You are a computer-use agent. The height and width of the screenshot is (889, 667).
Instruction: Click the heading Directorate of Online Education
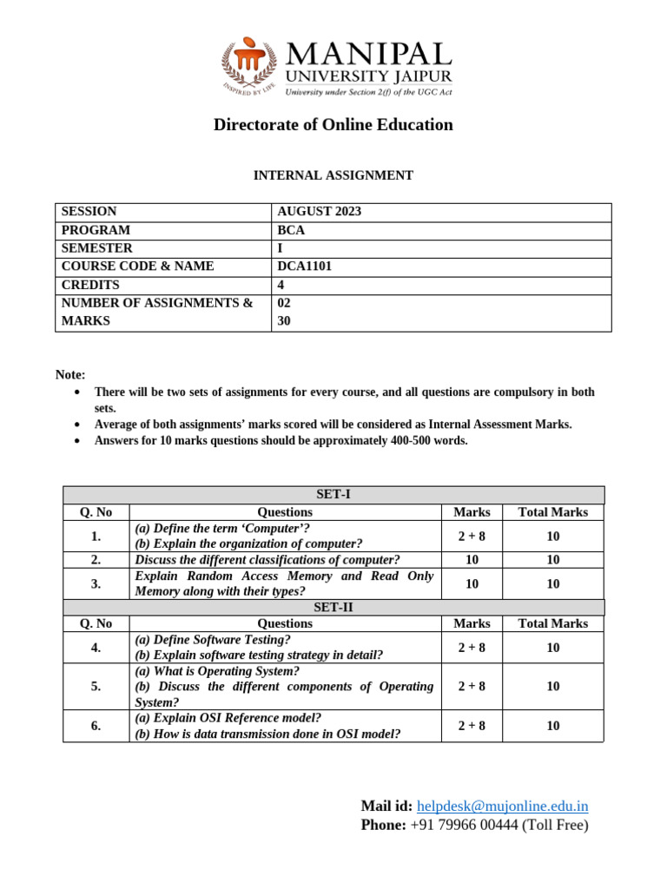[333, 125]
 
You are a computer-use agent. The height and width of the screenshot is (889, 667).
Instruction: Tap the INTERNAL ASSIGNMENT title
[333, 175]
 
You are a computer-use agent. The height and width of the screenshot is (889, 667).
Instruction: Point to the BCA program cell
[291, 231]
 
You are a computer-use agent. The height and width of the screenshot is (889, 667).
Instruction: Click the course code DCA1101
[304, 267]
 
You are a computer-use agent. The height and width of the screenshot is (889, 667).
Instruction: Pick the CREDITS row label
[90, 285]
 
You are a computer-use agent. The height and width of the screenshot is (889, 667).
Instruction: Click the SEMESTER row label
[96, 248]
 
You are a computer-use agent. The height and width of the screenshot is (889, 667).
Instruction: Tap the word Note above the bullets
[70, 375]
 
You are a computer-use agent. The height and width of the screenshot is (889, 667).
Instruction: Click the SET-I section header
[333, 495]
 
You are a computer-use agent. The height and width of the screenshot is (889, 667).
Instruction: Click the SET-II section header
[333, 608]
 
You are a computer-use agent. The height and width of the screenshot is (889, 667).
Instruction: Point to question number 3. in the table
[96, 584]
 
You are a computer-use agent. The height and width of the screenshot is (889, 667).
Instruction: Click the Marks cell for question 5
[472, 687]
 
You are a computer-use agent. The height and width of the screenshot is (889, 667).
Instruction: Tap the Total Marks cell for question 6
[552, 727]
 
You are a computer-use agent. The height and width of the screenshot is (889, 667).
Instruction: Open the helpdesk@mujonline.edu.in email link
[502, 807]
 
